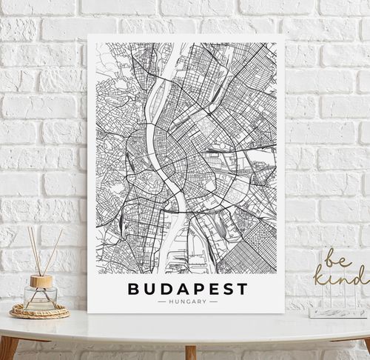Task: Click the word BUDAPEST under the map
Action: tap(188, 289)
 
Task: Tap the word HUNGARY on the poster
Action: tap(188, 301)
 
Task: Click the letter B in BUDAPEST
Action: tap(134, 289)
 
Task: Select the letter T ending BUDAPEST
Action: tap(243, 289)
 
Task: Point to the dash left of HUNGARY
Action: tap(163, 301)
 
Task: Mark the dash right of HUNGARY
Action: tap(213, 301)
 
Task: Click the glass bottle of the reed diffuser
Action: tap(40, 296)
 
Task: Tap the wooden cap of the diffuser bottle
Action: tap(41, 281)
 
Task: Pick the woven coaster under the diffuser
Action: tap(39, 311)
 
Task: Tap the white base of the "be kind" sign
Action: tap(337, 312)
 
